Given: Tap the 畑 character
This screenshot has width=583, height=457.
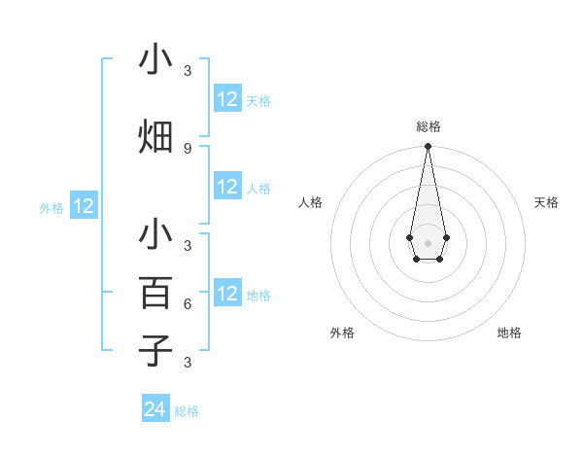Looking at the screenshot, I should [x=155, y=137].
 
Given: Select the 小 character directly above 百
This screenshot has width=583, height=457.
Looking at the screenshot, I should [x=155, y=234].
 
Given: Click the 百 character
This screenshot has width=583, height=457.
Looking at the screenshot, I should [x=155, y=293].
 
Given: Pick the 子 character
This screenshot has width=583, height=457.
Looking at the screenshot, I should [x=155, y=350].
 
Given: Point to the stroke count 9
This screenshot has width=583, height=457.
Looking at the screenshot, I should [x=187, y=148].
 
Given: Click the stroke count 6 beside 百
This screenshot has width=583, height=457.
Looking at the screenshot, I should [x=187, y=303].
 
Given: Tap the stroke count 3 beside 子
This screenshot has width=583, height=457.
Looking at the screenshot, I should [x=187, y=362].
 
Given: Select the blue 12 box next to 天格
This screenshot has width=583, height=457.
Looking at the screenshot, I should [x=227, y=99].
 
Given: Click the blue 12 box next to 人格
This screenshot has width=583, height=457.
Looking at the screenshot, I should [x=227, y=187].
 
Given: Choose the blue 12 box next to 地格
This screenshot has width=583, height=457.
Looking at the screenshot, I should [x=227, y=294].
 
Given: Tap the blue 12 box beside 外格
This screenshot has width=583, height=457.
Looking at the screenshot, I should [x=84, y=206].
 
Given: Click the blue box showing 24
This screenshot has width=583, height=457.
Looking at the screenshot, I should [x=155, y=410].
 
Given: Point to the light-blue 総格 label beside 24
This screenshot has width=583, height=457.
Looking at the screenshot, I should [x=187, y=411].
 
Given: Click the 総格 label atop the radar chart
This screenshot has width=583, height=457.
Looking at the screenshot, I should [x=428, y=126].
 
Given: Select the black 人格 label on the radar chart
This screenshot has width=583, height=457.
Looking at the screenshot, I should [x=310, y=202].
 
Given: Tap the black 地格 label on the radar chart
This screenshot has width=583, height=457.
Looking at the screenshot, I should [x=509, y=333].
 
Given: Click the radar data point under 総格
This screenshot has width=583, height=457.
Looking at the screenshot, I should [x=428, y=147].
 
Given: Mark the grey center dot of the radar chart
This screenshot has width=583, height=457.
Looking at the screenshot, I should [x=428, y=242].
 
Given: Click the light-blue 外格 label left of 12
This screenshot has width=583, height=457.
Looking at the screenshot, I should [x=51, y=207].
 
